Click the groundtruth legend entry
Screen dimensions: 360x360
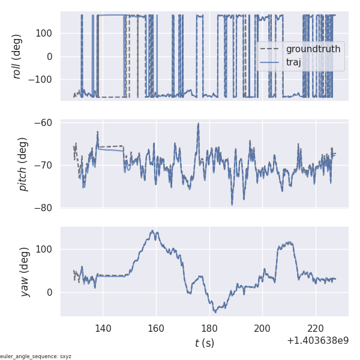point(313,49)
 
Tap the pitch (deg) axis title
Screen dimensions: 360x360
point(23,164)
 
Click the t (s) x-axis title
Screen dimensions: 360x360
point(204,343)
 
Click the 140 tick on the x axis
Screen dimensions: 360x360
point(103,328)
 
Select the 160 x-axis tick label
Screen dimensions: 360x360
point(156,328)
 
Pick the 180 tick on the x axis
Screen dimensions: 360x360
point(209,328)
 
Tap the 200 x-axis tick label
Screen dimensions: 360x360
point(262,328)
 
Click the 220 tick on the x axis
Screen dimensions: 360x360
point(316,328)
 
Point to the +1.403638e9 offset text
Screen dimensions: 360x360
point(317,340)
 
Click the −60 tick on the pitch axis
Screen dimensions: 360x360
point(46,123)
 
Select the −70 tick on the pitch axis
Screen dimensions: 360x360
point(46,165)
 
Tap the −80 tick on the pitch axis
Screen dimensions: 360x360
point(46,208)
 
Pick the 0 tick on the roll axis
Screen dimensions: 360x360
point(49,56)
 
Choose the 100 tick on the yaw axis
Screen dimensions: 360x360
point(46,249)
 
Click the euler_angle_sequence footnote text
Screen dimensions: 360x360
point(36,356)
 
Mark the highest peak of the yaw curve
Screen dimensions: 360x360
point(154,230)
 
